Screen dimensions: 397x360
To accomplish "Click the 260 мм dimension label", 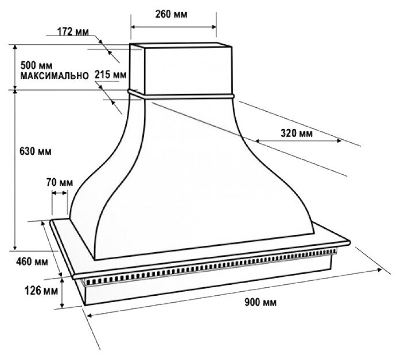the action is (x=173, y=13).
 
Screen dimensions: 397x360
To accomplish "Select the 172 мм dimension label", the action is (x=73, y=32).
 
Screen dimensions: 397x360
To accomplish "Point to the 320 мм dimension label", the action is (x=296, y=134).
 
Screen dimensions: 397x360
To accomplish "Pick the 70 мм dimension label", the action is (x=60, y=182).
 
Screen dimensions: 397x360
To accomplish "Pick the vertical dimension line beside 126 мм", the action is (x=63, y=291).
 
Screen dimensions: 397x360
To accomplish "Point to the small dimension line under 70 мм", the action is (x=60, y=193).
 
